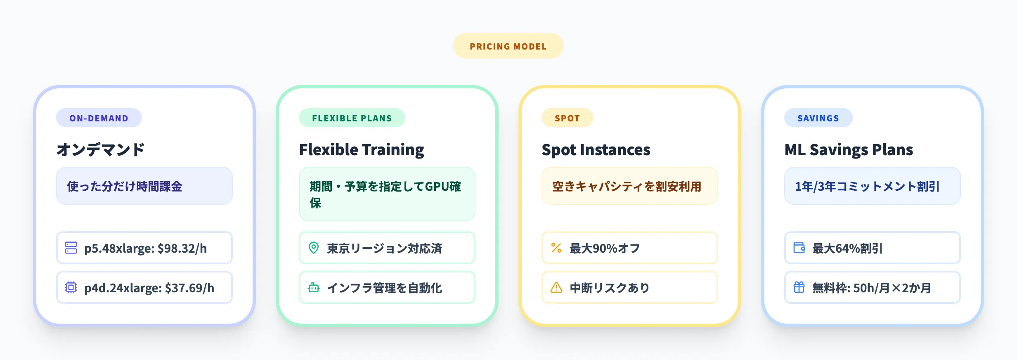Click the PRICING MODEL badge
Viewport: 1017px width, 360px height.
click(x=508, y=46)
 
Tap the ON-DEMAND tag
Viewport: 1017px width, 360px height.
click(x=99, y=118)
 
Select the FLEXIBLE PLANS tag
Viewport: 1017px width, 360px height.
click(x=352, y=118)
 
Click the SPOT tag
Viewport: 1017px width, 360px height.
click(x=567, y=118)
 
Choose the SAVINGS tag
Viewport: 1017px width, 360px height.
click(x=818, y=118)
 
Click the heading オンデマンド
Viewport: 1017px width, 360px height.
click(x=101, y=149)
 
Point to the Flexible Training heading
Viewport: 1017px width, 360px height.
click(x=361, y=149)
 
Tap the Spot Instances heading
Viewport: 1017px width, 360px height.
click(x=596, y=149)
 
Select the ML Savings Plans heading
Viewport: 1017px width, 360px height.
click(x=849, y=149)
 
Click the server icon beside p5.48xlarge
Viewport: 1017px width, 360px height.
click(x=71, y=248)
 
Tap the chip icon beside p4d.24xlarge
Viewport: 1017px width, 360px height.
click(x=71, y=287)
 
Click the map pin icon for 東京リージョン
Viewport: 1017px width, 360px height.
click(x=314, y=248)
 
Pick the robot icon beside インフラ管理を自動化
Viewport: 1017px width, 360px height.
click(x=314, y=287)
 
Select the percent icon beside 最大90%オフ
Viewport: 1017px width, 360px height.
click(x=556, y=248)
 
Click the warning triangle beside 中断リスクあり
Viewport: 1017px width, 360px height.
click(x=556, y=287)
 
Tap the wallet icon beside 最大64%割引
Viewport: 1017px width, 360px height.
click(x=799, y=248)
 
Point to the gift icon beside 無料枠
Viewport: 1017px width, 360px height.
click(x=799, y=287)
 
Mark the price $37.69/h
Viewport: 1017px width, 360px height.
click(x=189, y=288)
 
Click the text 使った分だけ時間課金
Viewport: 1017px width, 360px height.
click(x=124, y=187)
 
